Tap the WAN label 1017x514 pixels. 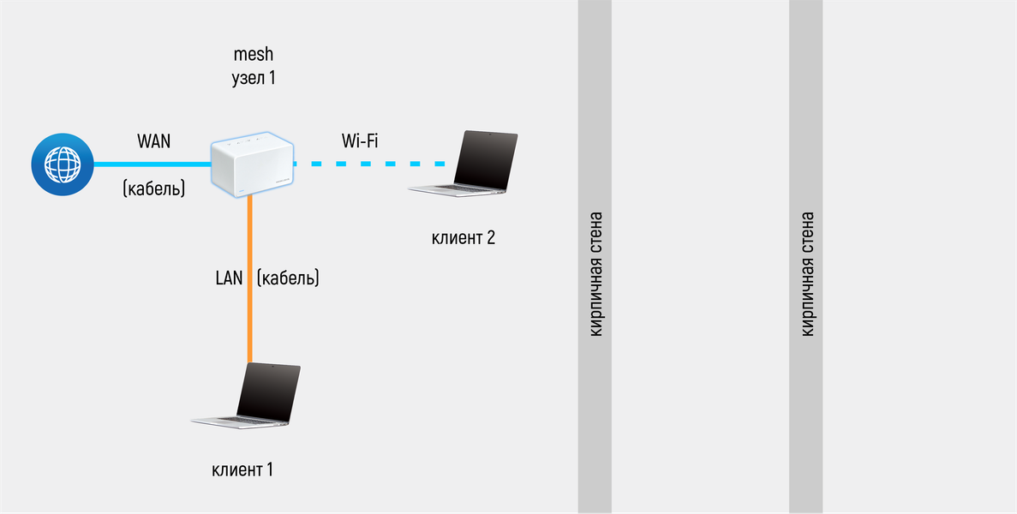tap(153, 141)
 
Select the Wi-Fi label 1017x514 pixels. tap(360, 141)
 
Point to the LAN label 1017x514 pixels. tap(230, 278)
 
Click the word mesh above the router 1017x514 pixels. tap(253, 54)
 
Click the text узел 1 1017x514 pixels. tap(253, 78)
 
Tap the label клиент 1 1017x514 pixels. tap(242, 469)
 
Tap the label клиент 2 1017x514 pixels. tap(464, 237)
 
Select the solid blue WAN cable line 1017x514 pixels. tap(150, 164)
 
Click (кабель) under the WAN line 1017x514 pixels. tap(153, 188)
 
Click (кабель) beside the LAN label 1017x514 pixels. tap(288, 278)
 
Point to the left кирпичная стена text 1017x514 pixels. tap(596, 274)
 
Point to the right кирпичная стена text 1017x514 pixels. tap(806, 274)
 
